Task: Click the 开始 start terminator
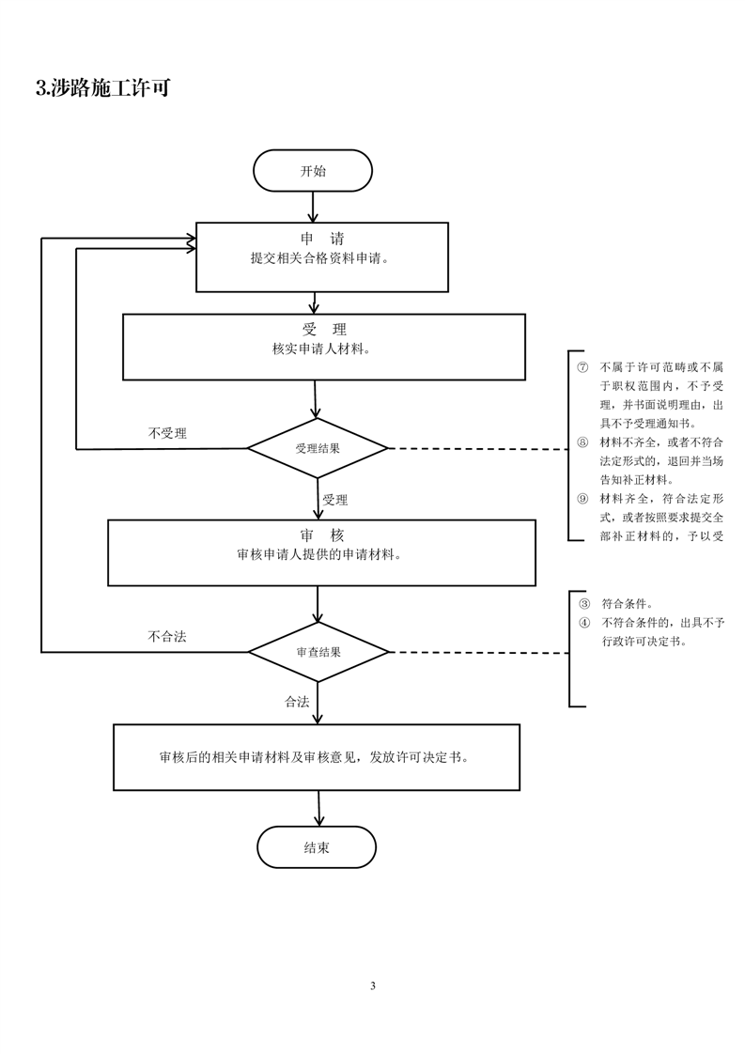313,171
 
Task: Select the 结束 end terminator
317,847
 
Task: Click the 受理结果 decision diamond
318,448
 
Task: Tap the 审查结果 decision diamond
318,651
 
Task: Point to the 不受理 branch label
167,433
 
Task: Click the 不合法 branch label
167,636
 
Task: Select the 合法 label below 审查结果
297,702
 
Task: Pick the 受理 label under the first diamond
335,500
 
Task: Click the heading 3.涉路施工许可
102,89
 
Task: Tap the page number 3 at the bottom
373,985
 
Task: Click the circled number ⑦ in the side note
582,366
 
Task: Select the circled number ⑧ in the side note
582,442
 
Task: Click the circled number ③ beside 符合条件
583,604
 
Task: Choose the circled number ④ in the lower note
583,623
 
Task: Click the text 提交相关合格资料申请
319,258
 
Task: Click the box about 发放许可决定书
317,756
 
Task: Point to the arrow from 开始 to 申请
313,206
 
